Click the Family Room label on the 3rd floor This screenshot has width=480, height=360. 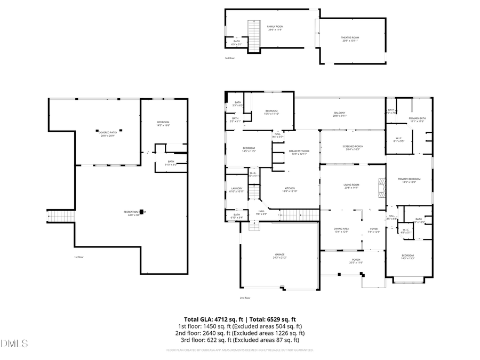coord(275,27)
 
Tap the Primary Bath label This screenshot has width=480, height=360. coord(417,119)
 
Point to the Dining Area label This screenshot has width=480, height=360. coord(341,229)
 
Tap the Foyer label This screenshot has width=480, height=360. coord(374,229)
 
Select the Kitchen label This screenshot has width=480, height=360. coord(290,189)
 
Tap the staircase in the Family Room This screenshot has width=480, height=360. coord(253,35)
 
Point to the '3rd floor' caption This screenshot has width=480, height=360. coord(229,58)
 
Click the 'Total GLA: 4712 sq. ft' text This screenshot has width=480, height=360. coord(212,319)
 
